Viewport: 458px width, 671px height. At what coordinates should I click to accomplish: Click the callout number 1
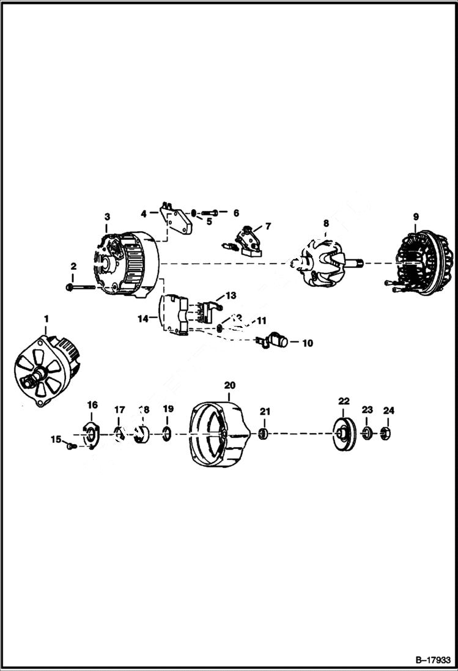click(x=45, y=319)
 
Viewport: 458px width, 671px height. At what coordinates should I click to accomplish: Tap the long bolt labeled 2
click(x=82, y=286)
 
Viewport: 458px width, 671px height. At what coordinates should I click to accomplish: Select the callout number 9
click(x=416, y=217)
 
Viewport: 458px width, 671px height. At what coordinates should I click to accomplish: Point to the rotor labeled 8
click(x=324, y=264)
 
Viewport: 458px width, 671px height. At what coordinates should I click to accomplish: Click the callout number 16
click(x=92, y=405)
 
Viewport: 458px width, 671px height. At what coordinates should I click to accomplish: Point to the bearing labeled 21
click(x=264, y=434)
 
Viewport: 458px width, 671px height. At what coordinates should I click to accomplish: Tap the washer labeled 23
click(x=366, y=434)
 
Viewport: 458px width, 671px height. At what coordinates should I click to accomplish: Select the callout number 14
click(x=143, y=318)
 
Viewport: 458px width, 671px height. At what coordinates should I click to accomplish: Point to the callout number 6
click(x=235, y=213)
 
